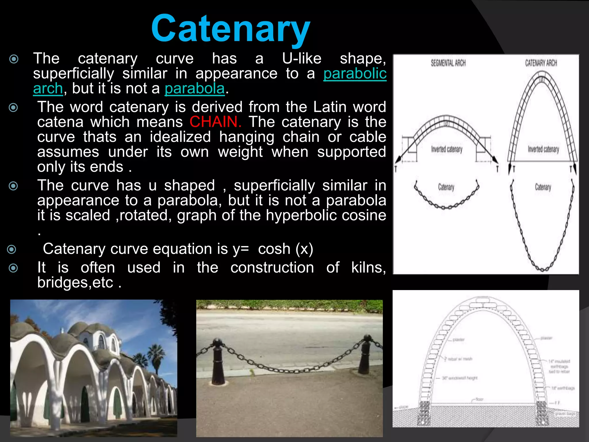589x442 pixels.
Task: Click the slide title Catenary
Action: tap(230, 29)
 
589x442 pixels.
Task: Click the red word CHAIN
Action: tap(215, 122)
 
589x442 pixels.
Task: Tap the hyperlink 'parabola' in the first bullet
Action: tap(194, 88)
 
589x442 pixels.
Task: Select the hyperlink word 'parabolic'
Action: tap(355, 74)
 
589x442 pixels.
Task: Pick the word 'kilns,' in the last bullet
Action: tap(368, 268)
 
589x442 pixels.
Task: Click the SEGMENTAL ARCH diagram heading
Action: tap(448, 63)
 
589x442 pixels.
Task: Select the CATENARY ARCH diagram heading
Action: tap(541, 63)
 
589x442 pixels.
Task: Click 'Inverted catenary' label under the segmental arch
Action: tap(447, 149)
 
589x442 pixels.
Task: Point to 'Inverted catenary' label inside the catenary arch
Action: tap(543, 149)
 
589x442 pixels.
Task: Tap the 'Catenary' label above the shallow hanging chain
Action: tap(446, 187)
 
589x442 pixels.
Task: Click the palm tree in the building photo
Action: tap(156, 357)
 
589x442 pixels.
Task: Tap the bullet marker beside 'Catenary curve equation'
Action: tap(12, 249)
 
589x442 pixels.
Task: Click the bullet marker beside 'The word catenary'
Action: tap(13, 108)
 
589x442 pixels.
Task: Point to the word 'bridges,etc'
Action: tap(75, 283)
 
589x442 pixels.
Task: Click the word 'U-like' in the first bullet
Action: tap(302, 59)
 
